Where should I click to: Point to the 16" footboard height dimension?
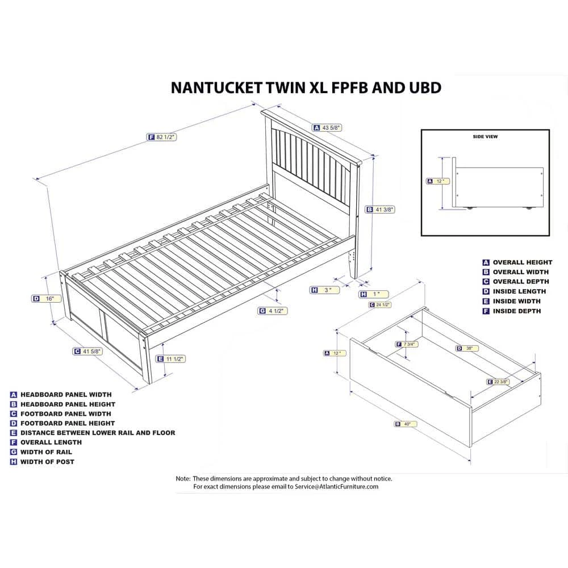(x=47, y=298)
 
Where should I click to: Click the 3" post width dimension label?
(x=325, y=290)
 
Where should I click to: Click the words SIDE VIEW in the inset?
(x=485, y=137)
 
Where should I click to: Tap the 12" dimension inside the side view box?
(x=437, y=181)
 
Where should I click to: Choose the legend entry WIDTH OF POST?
(x=47, y=462)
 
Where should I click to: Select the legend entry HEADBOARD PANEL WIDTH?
(x=66, y=394)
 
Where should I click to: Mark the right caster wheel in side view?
(x=530, y=208)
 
